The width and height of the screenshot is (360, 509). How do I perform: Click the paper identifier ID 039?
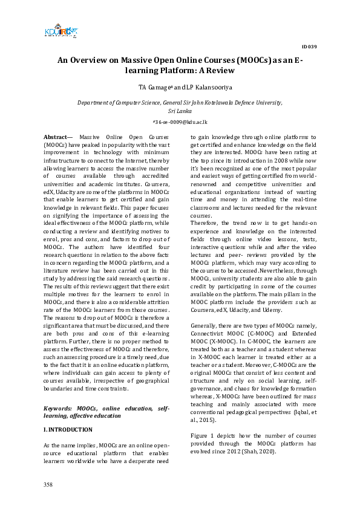308,47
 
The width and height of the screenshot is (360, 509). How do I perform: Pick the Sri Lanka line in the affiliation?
180,111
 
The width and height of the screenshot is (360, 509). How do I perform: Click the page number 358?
48,485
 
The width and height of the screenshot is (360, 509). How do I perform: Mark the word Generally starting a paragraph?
205,325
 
